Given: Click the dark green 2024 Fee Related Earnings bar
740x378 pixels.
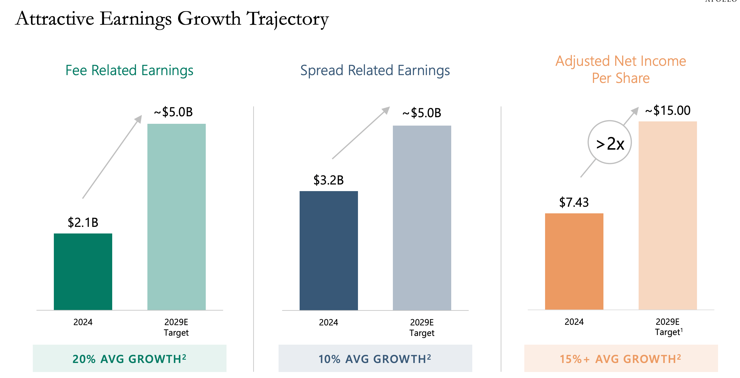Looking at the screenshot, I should pyautogui.click(x=83, y=272).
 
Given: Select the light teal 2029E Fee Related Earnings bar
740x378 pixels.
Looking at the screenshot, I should pyautogui.click(x=177, y=217).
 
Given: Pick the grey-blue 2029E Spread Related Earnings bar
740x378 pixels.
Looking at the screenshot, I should pyautogui.click(x=422, y=218).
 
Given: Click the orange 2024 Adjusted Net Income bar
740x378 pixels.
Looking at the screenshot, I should pyautogui.click(x=574, y=261).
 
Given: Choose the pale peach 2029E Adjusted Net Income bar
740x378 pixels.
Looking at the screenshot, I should pyautogui.click(x=668, y=215).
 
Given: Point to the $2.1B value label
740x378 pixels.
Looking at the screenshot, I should pyautogui.click(x=83, y=223).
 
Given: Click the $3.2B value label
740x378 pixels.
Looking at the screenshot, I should pyautogui.click(x=328, y=180).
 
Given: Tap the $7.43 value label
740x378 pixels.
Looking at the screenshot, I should pyautogui.click(x=574, y=202).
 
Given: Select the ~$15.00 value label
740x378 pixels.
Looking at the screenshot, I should pyautogui.click(x=668, y=111).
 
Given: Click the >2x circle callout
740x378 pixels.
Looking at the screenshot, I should pyautogui.click(x=610, y=142).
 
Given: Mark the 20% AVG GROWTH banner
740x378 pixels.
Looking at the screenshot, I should pyautogui.click(x=129, y=359).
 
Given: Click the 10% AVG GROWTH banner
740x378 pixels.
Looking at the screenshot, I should pyautogui.click(x=375, y=359).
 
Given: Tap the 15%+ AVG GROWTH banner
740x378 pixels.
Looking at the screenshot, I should pyautogui.click(x=621, y=359).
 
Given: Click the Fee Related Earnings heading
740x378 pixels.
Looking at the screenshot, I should pyautogui.click(x=129, y=70).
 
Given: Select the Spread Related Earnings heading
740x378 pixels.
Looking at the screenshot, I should pyautogui.click(x=375, y=70).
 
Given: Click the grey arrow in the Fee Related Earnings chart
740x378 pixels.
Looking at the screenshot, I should pyautogui.click(x=112, y=157).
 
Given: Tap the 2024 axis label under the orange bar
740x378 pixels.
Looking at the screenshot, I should pyautogui.click(x=574, y=322).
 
